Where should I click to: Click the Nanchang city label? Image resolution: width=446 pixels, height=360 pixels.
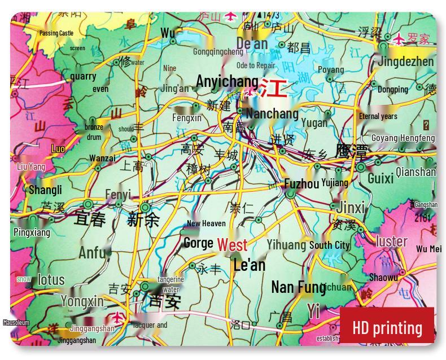[x=272, y=113]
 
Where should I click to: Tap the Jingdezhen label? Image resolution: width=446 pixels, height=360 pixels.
[x=406, y=62]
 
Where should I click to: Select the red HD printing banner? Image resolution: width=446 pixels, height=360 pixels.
[x=387, y=327]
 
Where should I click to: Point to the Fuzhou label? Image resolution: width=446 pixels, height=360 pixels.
[x=301, y=184]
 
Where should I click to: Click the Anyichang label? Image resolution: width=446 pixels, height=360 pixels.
[x=227, y=81]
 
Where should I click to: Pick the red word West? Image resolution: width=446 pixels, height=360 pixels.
[x=232, y=245]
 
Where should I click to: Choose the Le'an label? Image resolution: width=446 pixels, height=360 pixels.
[x=249, y=265]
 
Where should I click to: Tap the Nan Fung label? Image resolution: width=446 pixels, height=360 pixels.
[x=298, y=287]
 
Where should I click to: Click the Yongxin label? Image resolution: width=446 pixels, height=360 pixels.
[x=82, y=301]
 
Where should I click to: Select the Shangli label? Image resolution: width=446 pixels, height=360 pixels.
[x=45, y=190]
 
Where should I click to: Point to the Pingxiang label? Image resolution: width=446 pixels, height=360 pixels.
[x=32, y=232]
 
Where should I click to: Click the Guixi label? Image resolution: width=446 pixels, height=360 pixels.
[x=381, y=178]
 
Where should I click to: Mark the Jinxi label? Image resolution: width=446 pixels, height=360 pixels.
[x=351, y=207]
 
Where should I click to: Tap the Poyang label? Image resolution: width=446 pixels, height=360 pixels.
[x=331, y=70]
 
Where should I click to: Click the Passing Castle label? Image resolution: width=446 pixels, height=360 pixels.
[x=56, y=33]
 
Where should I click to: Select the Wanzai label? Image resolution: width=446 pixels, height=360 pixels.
[x=102, y=158]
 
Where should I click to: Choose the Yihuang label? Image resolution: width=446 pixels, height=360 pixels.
[x=286, y=245]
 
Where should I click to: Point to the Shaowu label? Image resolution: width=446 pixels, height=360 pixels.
[x=383, y=277]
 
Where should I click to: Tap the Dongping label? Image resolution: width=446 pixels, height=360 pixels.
[x=393, y=89]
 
